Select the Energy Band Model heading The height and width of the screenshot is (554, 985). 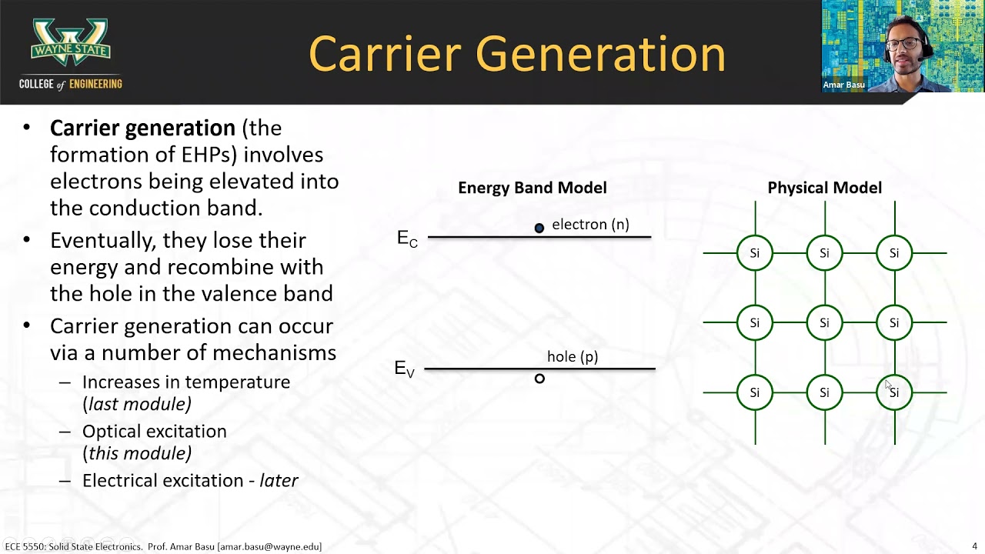click(532, 188)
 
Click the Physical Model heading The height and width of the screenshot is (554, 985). click(824, 188)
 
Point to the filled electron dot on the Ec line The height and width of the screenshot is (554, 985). click(539, 228)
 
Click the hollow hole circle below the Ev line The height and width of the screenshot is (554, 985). click(539, 379)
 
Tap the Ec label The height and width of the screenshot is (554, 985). click(407, 239)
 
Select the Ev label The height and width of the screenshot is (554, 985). click(404, 369)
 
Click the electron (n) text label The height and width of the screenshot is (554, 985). click(590, 224)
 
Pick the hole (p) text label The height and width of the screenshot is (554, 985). click(572, 356)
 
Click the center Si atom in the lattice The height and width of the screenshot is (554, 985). click(824, 322)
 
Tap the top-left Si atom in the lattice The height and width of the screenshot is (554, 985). click(754, 253)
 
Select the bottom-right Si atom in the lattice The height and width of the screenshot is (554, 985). click(894, 392)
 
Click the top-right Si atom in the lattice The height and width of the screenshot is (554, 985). click(894, 253)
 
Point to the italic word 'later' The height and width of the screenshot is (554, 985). click(279, 481)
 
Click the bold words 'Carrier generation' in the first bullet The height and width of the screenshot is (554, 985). click(142, 128)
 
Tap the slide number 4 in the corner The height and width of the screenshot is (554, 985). click(974, 546)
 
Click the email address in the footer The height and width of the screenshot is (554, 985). click(269, 546)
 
